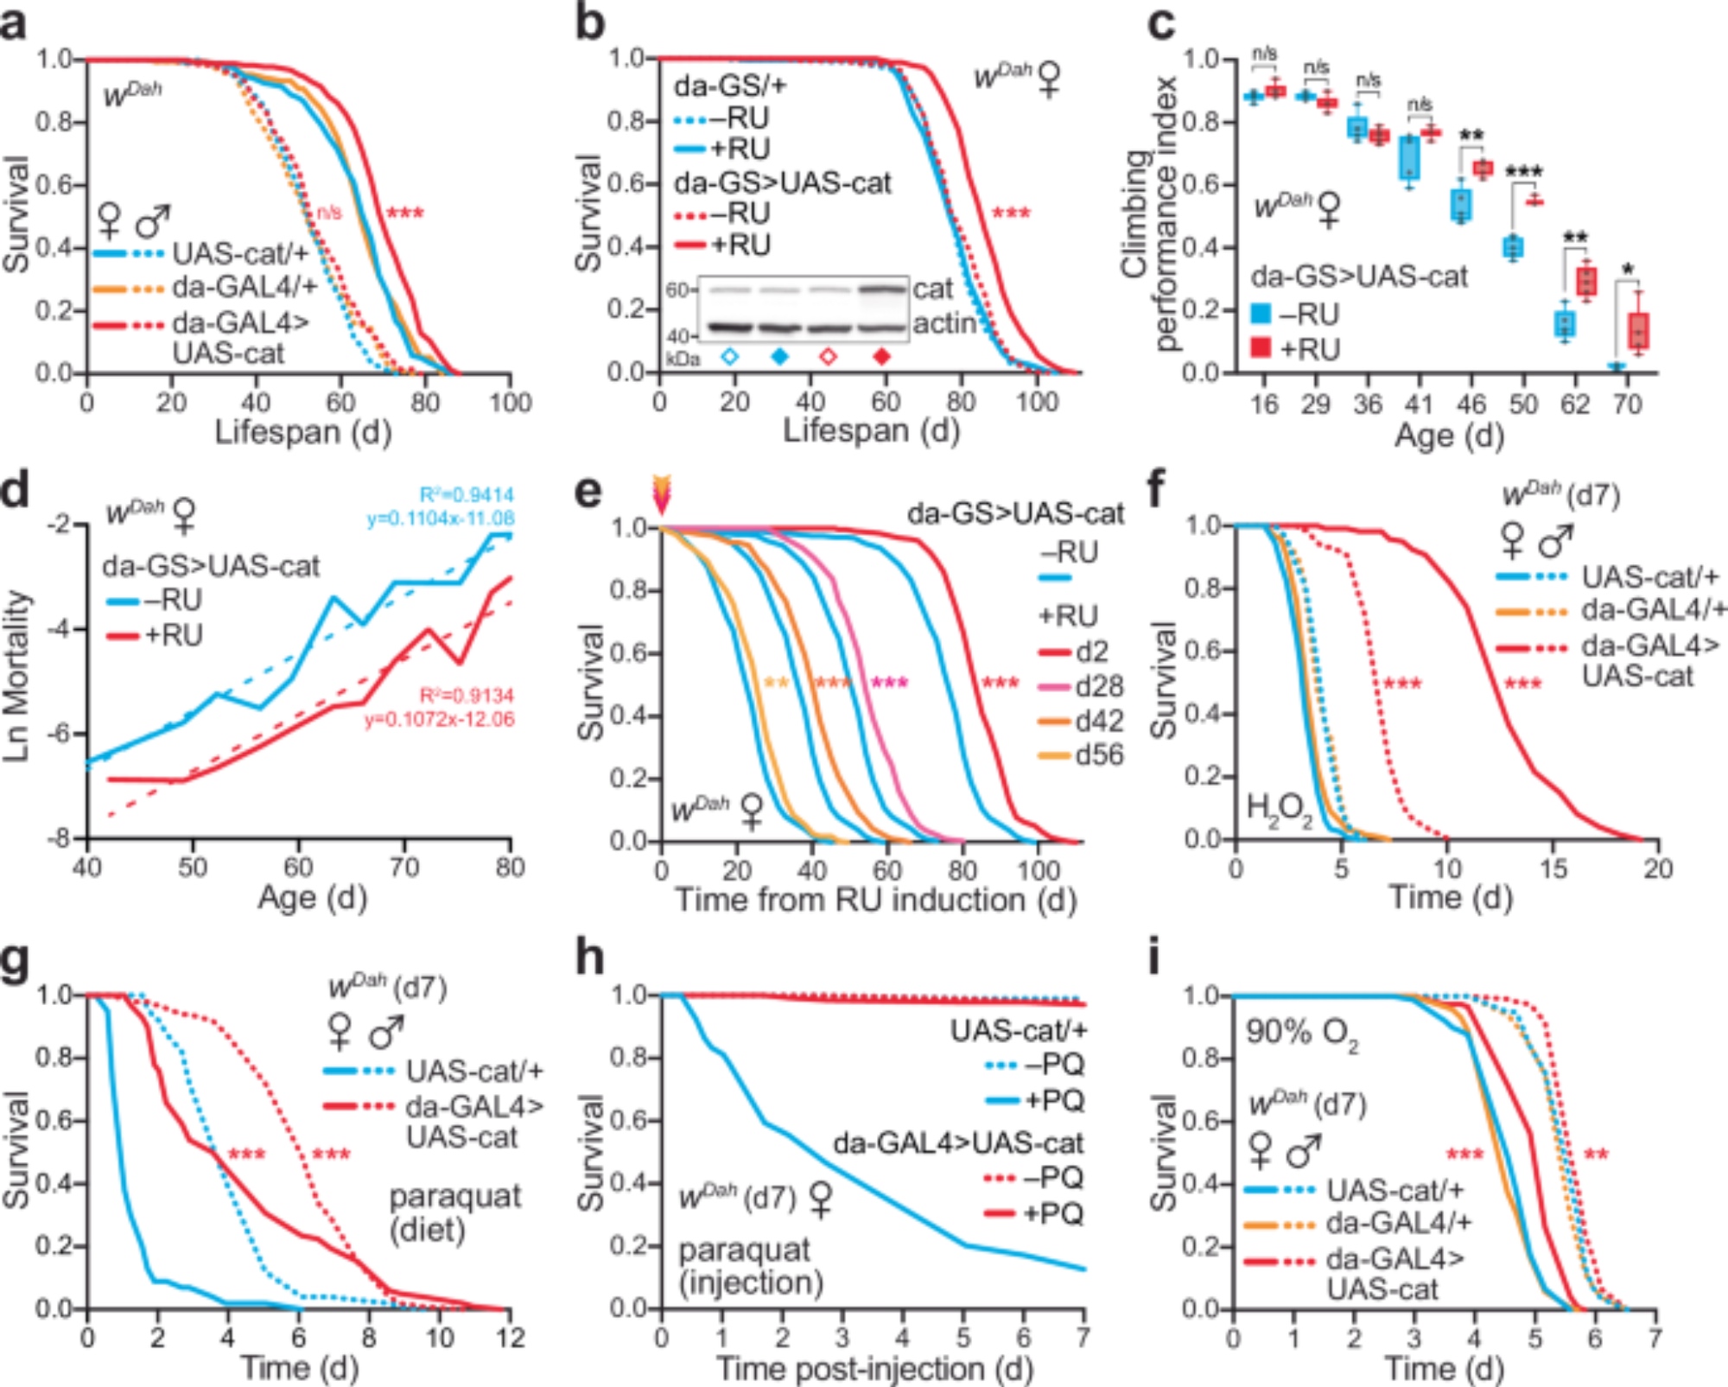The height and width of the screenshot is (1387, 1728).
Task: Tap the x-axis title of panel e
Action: [874, 900]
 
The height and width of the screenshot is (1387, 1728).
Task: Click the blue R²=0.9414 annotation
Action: [467, 495]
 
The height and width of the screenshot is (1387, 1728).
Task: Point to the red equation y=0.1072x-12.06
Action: [439, 719]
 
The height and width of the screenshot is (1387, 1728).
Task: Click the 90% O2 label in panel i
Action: [1302, 1034]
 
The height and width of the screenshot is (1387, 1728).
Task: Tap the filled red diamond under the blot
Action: [882, 357]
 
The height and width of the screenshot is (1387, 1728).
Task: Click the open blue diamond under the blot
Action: [730, 357]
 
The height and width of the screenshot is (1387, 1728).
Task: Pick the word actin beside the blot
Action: [943, 323]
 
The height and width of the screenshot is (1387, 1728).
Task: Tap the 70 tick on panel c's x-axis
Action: [1627, 404]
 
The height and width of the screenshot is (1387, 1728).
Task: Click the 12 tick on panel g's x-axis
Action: [510, 1338]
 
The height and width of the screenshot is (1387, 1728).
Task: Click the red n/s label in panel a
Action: [328, 212]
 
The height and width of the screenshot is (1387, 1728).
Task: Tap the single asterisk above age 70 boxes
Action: [1628, 270]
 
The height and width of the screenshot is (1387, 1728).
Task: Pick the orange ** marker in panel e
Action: [777, 684]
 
